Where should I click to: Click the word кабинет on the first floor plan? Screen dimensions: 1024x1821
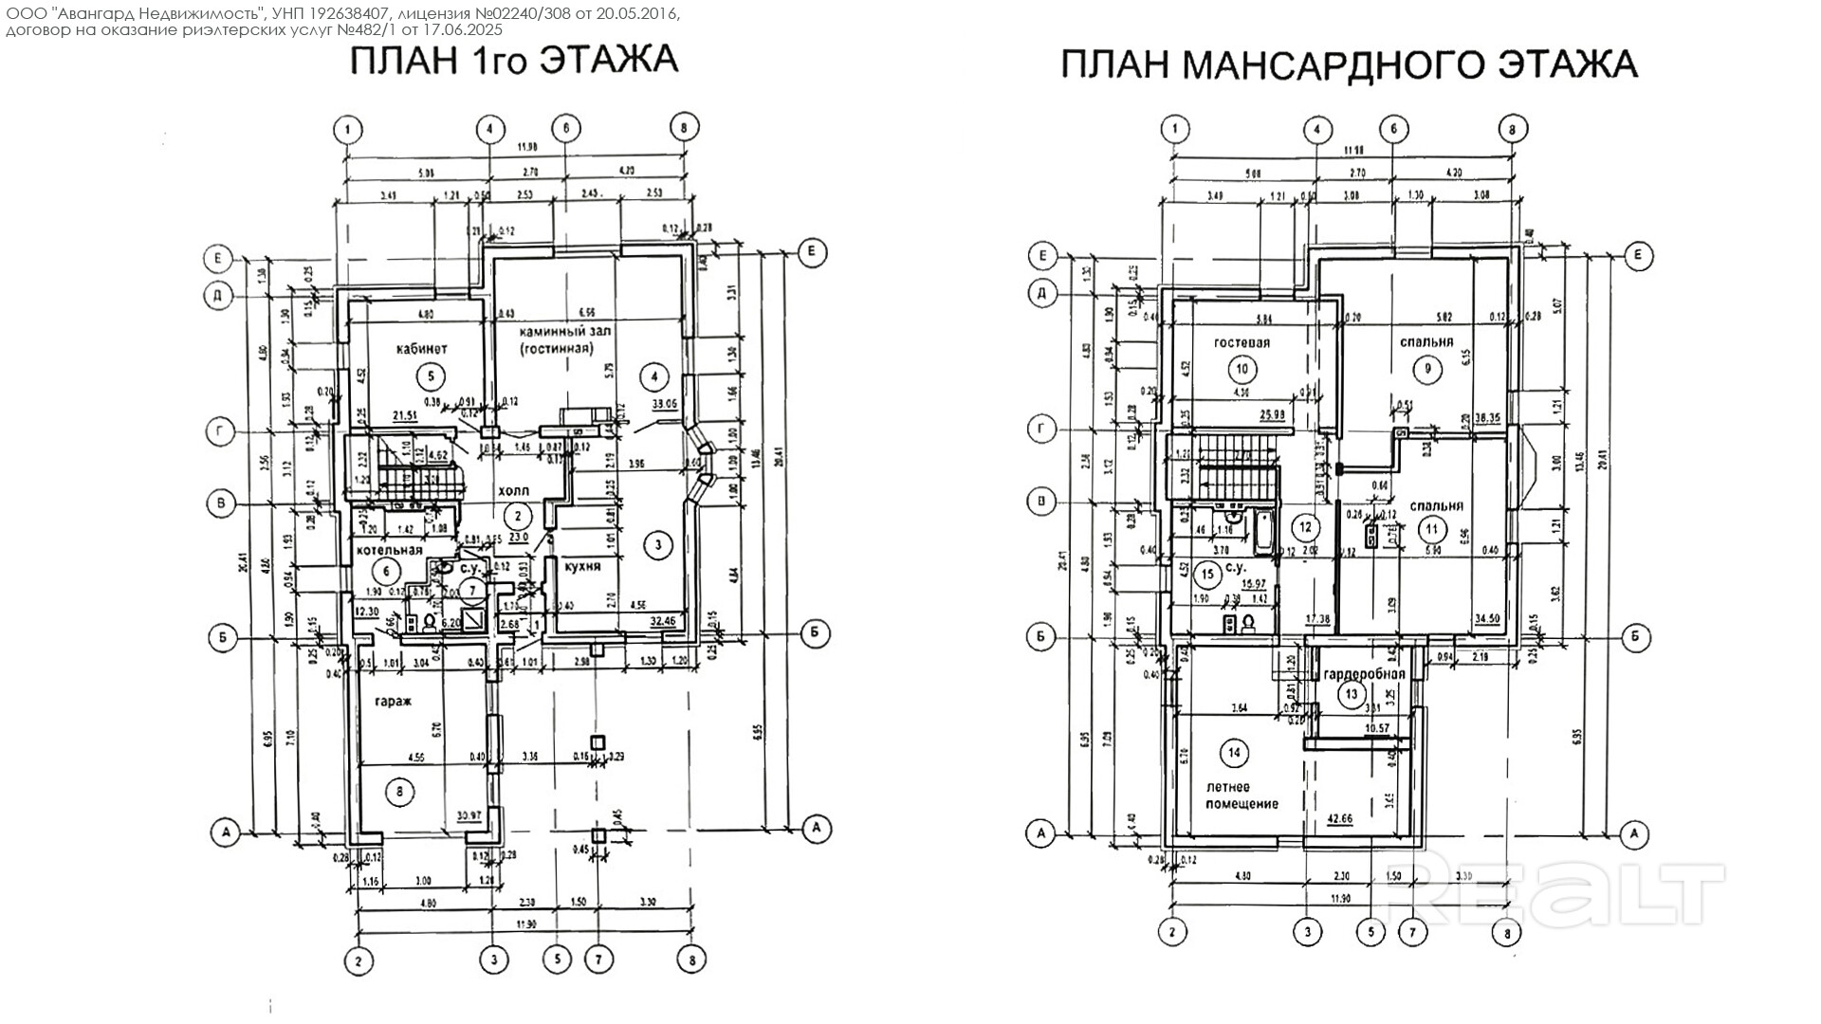click(421, 349)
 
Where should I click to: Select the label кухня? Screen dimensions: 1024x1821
click(582, 566)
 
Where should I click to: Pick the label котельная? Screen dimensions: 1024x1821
click(389, 550)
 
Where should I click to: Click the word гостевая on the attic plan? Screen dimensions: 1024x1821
click(1242, 342)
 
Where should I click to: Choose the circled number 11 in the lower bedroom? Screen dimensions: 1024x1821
click(1432, 528)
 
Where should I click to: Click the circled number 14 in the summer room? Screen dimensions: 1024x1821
click(1234, 754)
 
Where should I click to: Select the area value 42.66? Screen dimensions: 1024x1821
click(1339, 817)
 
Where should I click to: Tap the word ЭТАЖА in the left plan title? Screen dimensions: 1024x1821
click(609, 60)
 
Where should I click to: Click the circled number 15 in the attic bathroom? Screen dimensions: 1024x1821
click(1207, 573)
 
